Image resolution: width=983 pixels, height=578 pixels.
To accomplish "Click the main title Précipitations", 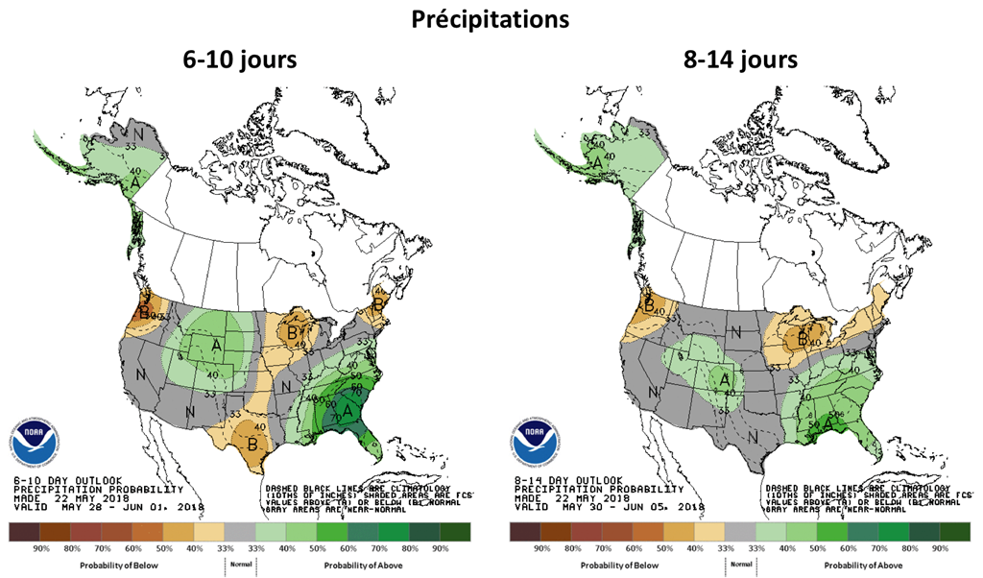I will point(491,18).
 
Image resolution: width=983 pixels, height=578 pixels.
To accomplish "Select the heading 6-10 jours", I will point(240,60).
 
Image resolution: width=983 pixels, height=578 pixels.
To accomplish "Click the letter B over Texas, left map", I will point(252,443).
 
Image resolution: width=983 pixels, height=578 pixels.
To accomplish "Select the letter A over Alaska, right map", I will point(596,163).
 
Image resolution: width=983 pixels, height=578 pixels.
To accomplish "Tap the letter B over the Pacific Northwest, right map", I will point(649,306).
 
